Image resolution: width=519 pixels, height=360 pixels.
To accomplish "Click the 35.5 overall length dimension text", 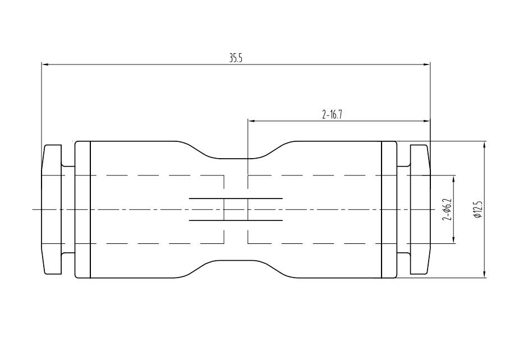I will click(236, 58).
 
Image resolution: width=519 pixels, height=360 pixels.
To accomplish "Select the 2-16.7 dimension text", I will click(332, 115).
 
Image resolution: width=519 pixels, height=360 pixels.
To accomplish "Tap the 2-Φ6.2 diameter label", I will click(447, 209).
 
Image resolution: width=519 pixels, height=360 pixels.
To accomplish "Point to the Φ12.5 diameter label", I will click(477, 209).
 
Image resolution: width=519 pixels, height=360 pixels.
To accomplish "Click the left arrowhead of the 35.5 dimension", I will click(45, 64).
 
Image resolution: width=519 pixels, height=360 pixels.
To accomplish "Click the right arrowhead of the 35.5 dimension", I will click(426, 64).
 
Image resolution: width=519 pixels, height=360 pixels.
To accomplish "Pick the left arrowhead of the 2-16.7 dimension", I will click(251, 121).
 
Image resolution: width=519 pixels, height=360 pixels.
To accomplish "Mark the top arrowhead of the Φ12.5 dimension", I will click(484, 145).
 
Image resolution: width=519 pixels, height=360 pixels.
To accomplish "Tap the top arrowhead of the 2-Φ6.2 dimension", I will click(453, 178).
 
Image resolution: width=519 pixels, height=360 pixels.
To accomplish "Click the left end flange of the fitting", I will click(52, 209).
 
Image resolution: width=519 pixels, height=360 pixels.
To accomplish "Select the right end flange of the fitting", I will click(420, 209).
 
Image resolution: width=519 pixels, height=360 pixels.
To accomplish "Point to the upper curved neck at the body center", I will click(236, 158).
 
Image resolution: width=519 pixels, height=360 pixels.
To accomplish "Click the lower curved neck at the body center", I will click(236, 261).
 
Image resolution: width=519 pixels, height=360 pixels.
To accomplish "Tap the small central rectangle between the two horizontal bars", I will click(236, 209).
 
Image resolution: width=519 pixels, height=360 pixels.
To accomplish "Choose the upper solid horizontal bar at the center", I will click(236, 198).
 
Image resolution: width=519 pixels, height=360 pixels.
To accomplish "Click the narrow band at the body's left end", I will click(82, 209).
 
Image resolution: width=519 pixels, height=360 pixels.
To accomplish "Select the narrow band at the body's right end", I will click(389, 209).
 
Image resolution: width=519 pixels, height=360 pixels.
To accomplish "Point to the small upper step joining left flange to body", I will click(68, 165).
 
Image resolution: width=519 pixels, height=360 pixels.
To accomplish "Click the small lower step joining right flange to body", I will click(403, 253).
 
